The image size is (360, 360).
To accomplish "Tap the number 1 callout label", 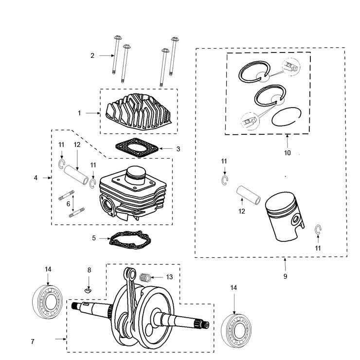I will [79, 113].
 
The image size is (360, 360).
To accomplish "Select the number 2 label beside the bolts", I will [92, 56].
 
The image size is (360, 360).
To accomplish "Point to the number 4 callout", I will [36, 178].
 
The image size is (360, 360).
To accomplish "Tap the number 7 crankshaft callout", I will [33, 342].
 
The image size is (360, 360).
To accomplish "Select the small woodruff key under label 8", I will [89, 290].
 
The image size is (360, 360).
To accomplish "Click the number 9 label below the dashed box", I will [285, 276].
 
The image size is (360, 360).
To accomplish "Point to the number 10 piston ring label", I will [287, 153].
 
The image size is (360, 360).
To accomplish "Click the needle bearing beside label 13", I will [144, 277].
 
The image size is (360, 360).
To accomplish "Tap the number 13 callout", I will [169, 277].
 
